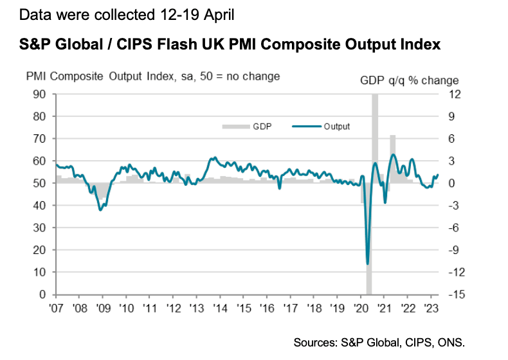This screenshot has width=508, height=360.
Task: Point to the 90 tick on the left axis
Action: coord(41,94)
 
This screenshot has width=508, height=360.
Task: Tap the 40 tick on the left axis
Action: coord(41,205)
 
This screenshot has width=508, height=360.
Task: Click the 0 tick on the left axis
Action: coord(44,294)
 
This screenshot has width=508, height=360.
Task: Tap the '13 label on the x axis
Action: coord(197,308)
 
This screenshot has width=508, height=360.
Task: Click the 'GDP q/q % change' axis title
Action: coord(409,80)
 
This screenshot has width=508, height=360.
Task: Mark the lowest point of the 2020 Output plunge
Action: coord(367,264)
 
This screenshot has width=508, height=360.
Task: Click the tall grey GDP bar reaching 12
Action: coord(375,138)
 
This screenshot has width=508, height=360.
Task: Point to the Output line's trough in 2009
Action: coord(100,210)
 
